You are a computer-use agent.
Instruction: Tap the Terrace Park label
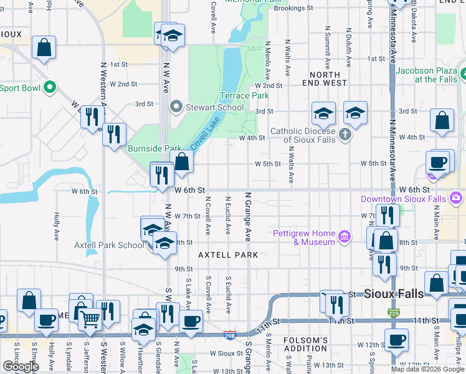click(244, 96)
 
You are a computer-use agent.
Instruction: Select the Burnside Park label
click(155, 148)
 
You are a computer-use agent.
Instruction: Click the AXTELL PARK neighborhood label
click(228, 255)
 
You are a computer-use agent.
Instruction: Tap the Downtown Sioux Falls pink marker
click(457, 199)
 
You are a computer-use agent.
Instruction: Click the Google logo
click(21, 367)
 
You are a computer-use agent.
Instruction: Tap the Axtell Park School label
click(109, 245)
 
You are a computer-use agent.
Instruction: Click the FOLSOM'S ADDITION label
click(305, 344)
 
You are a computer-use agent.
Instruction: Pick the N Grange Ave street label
click(248, 216)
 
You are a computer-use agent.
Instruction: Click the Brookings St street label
click(293, 8)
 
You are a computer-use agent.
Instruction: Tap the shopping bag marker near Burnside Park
click(181, 162)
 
